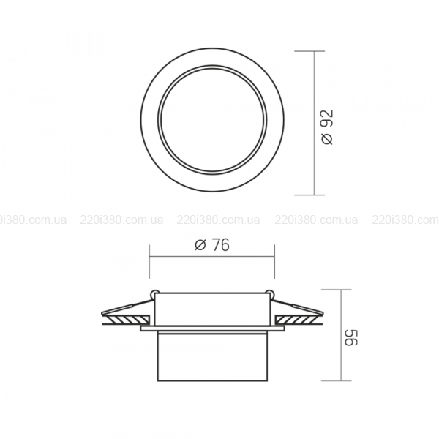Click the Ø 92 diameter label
pos(328,127)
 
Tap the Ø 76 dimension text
pos(212,245)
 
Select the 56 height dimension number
pos(350,337)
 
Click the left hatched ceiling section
pos(126,319)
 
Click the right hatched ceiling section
pos(299,319)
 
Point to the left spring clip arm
pos(127,306)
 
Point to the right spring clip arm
pos(297,306)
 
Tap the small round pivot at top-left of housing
pos(154,293)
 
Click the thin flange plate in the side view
pos(212,329)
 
